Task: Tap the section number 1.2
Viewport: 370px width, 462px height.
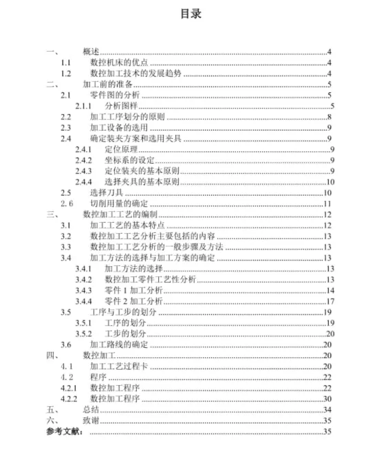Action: tap(65, 74)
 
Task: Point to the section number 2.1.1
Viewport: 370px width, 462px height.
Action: tap(84, 106)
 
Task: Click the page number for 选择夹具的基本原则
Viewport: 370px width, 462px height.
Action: tap(329, 181)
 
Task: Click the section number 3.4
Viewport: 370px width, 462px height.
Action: tap(65, 258)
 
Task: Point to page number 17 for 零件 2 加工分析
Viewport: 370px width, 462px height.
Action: tap(329, 301)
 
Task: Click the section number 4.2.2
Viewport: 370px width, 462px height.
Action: tap(67, 399)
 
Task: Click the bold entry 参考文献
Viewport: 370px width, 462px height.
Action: tap(65, 431)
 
